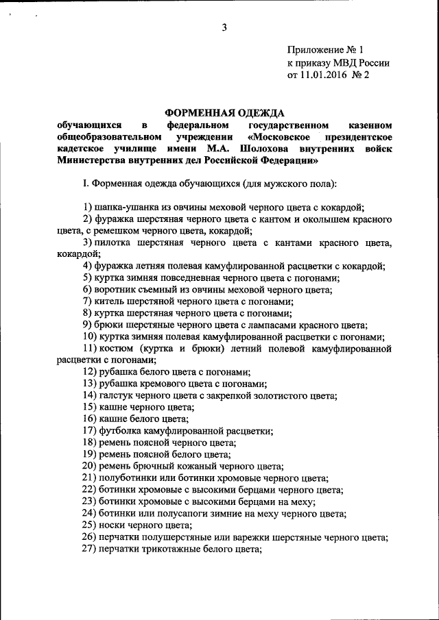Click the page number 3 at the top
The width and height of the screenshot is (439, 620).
tap(224, 27)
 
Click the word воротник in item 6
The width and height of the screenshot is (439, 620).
tap(119, 290)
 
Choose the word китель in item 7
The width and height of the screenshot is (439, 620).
tap(111, 301)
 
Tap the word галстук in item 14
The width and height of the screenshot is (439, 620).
tap(115, 396)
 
